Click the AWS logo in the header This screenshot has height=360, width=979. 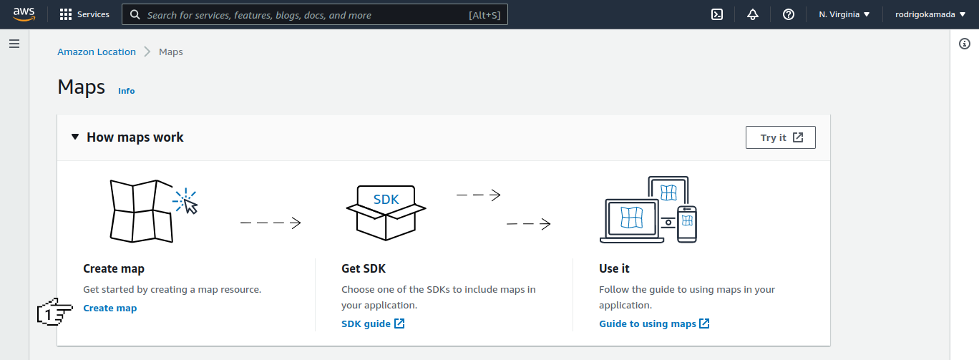click(24, 14)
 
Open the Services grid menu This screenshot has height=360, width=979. click(84, 14)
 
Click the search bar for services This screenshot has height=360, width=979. click(315, 15)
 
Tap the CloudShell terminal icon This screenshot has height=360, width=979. click(717, 14)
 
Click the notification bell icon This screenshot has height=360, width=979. click(753, 14)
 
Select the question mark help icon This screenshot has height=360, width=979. click(789, 14)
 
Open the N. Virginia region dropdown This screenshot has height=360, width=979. click(844, 14)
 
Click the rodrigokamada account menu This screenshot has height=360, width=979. click(930, 14)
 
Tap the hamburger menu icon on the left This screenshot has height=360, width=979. click(14, 44)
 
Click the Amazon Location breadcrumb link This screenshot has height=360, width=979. click(97, 52)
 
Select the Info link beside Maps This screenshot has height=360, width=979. click(126, 91)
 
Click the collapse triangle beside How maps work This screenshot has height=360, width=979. click(75, 137)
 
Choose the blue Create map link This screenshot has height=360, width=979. click(110, 308)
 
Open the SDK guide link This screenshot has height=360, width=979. click(373, 323)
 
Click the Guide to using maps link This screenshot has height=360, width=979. click(654, 323)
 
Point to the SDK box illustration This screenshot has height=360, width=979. click(386, 213)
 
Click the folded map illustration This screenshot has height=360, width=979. click(142, 211)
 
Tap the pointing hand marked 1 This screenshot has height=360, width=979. click(54, 312)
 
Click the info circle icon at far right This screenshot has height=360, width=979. click(965, 44)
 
